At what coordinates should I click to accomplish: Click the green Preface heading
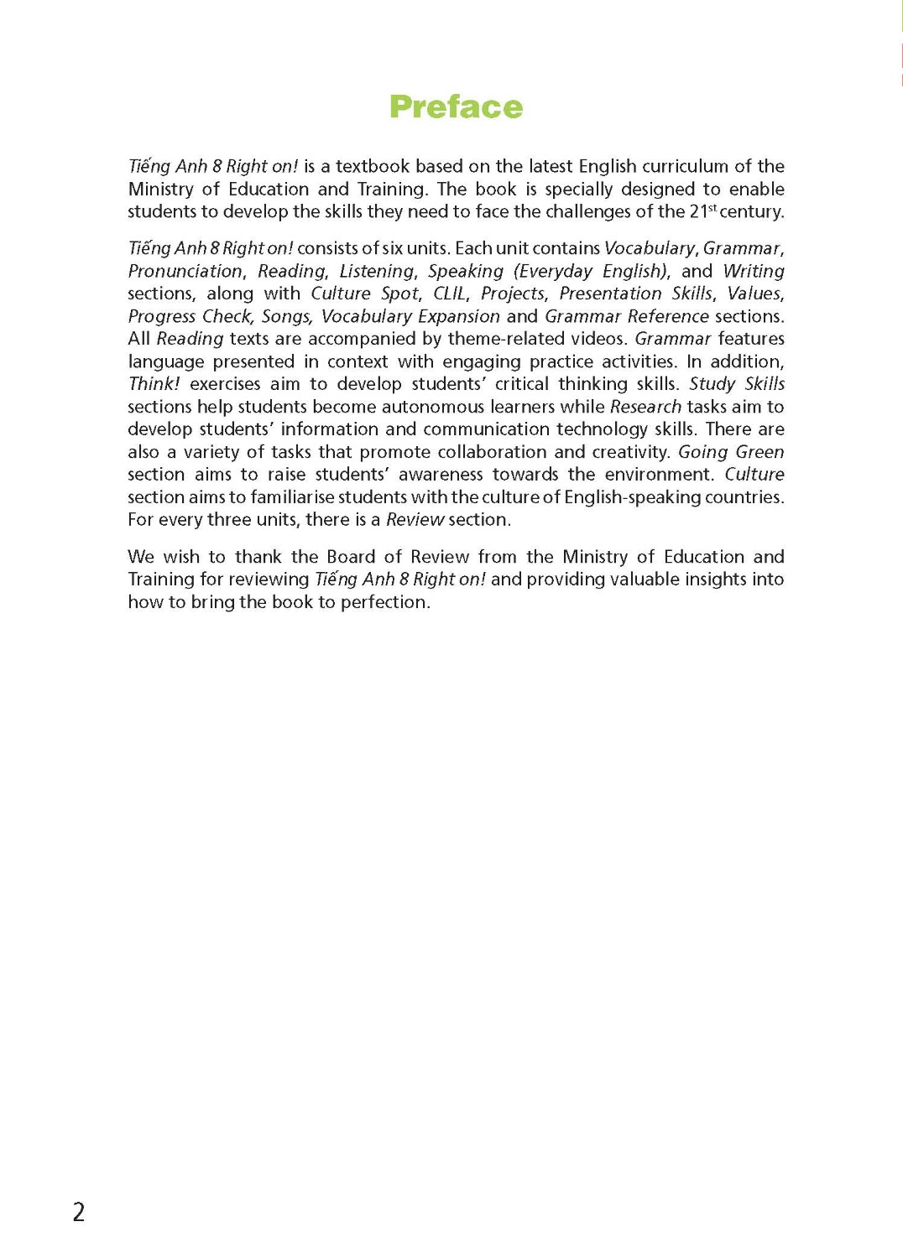coord(456,107)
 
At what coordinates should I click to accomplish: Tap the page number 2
coord(79,1212)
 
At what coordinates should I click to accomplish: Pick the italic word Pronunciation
coord(185,271)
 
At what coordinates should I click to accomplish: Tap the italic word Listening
coord(377,271)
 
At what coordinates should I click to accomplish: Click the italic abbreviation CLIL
coord(450,294)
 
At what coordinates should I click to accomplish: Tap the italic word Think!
coord(154,384)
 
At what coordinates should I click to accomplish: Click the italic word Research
coord(645,407)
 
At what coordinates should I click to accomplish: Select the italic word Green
coord(759,452)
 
